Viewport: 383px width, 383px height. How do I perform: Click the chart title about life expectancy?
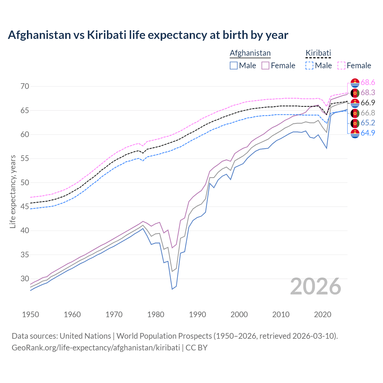tap(148, 35)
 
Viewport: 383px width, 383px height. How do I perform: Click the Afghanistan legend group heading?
tap(250, 53)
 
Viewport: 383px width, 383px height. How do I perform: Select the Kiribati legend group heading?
tap(318, 53)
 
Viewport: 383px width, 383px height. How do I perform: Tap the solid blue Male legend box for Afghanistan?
tap(234, 66)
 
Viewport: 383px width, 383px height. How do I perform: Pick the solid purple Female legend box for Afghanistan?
tap(265, 66)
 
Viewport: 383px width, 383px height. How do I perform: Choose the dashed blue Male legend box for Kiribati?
tap(309, 66)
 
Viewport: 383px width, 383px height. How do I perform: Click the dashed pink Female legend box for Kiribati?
tap(341, 66)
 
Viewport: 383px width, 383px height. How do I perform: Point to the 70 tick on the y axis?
tap(25, 86)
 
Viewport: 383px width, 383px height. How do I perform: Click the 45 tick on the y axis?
tap(25, 207)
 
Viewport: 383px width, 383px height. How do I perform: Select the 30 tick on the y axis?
tap(25, 279)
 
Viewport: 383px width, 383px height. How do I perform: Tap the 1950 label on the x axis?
tap(31, 314)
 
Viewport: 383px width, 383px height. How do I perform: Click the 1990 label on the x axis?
tap(197, 314)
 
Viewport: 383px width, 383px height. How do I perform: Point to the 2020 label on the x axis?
tap(323, 314)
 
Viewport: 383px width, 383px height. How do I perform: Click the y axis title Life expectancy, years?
tap(13, 191)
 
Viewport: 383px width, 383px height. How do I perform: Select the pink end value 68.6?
tap(368, 83)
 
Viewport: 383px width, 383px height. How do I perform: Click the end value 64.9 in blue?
tap(368, 133)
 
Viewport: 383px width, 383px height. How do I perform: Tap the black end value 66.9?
tap(368, 103)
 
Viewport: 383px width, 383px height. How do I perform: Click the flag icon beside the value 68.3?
tap(355, 93)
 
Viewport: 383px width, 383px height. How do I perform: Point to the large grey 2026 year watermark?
tap(316, 286)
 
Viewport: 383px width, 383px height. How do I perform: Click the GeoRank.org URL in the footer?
tap(96, 348)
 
